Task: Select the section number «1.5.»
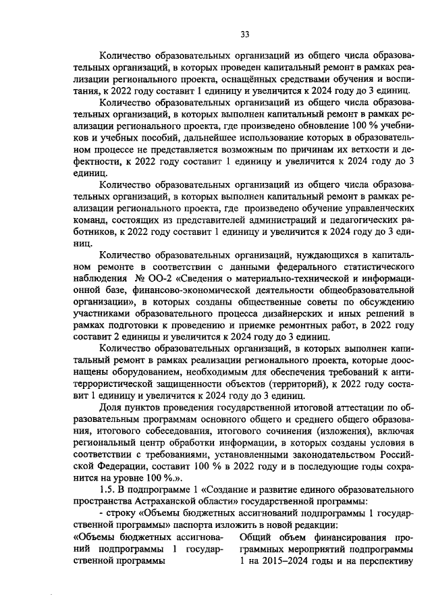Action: [109, 489]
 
